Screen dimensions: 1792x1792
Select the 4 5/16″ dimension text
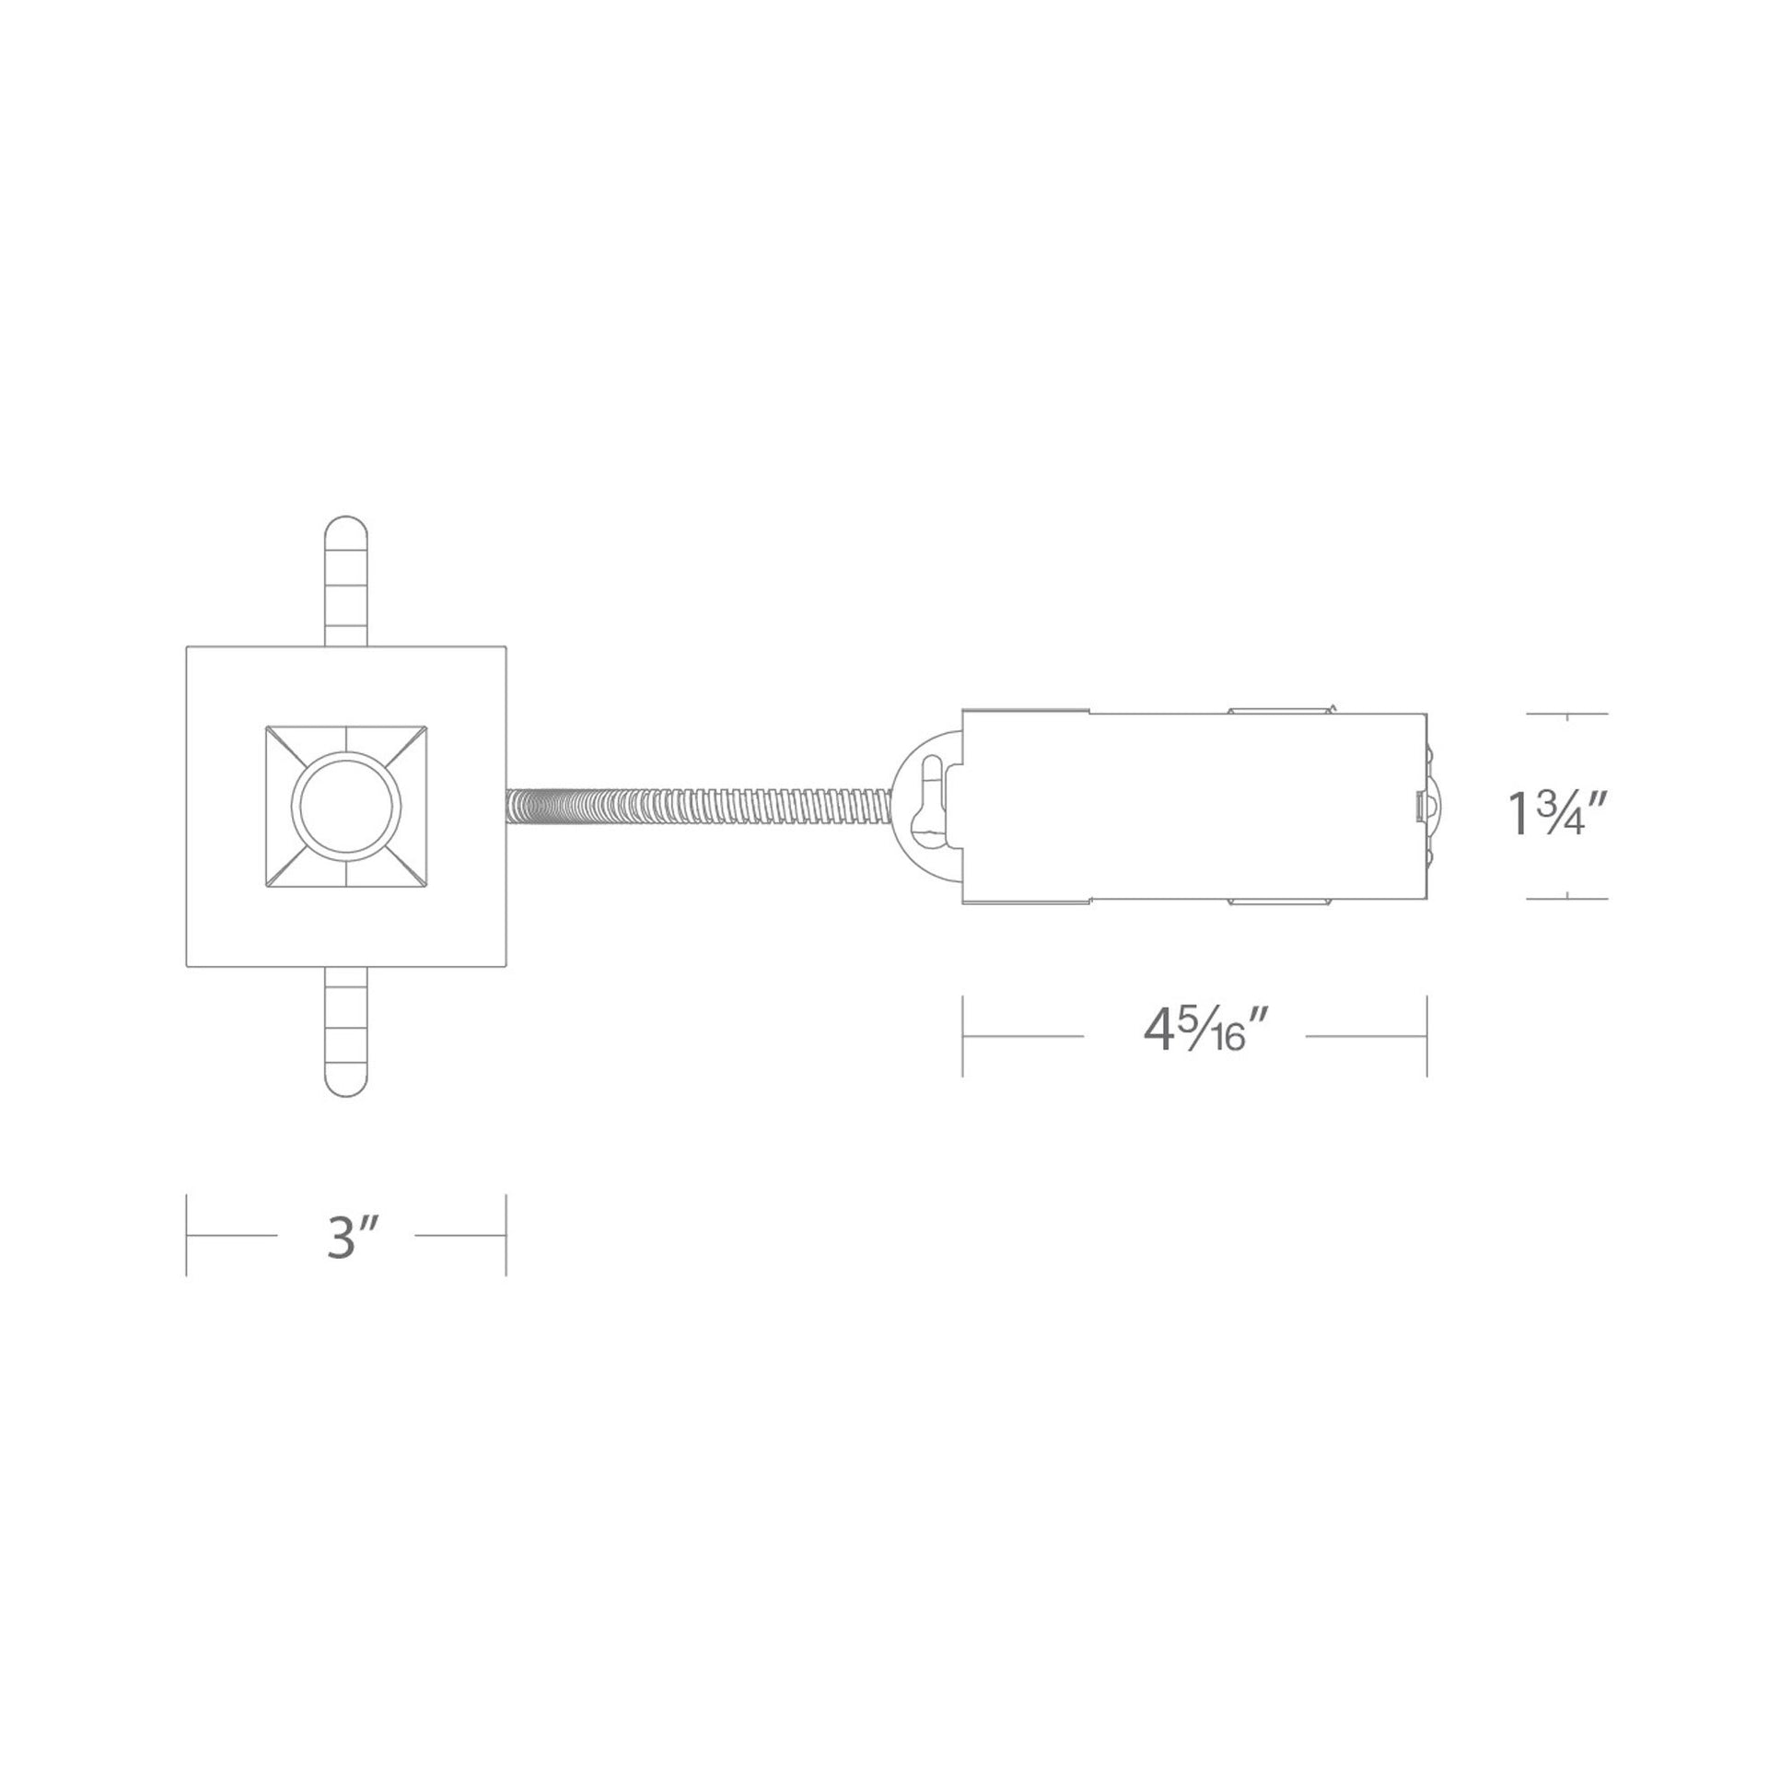[1204, 1032]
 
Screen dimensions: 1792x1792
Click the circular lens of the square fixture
[346, 806]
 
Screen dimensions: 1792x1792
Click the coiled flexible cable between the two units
[700, 806]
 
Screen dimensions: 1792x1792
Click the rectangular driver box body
[1194, 806]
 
